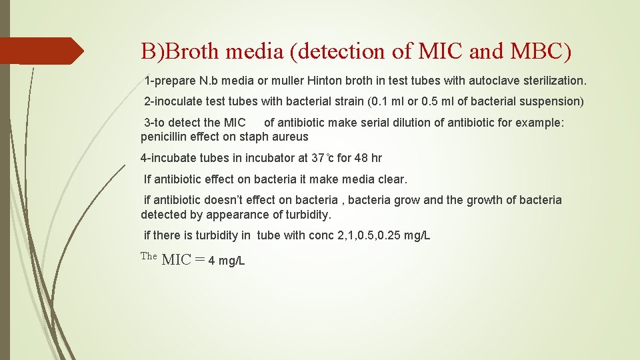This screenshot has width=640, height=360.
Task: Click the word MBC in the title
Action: pos(528,51)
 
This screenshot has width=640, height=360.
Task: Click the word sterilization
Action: pos(551,81)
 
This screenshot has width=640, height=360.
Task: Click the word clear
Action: pos(392,179)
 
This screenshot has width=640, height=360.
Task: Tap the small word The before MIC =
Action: pos(149,256)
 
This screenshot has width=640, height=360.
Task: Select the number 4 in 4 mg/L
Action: pos(211,261)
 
